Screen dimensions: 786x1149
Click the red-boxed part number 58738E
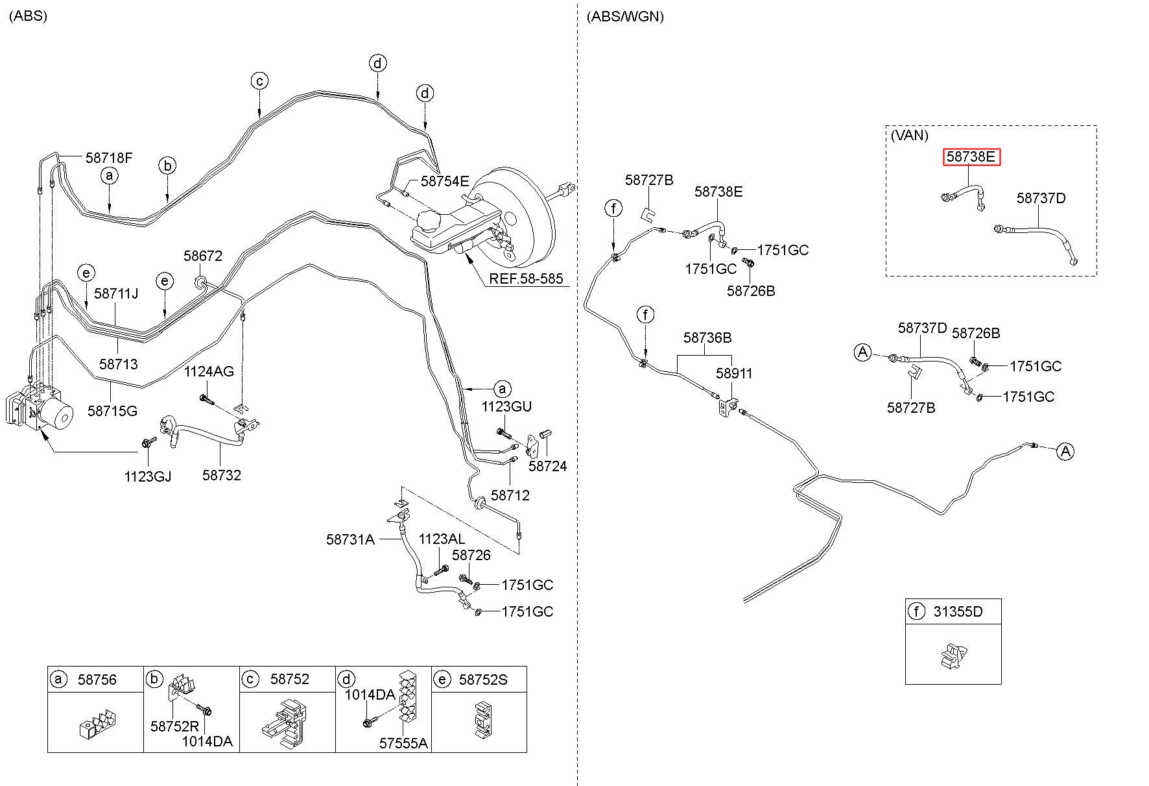[x=971, y=157]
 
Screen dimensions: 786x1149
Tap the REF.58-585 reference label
[x=526, y=279]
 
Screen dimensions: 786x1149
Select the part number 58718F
[x=109, y=157]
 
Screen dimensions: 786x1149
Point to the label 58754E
[x=444, y=181]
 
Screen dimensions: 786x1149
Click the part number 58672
[x=202, y=256]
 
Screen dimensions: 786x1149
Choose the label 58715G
[x=112, y=411]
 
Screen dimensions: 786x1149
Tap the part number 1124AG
[x=209, y=372]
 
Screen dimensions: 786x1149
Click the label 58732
[x=221, y=475]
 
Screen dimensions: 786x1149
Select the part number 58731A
[x=350, y=539]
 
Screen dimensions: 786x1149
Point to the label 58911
[x=734, y=373]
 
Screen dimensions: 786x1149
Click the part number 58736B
[x=707, y=338]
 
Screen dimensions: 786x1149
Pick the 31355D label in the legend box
[x=958, y=611]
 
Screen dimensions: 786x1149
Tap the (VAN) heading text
[x=909, y=136]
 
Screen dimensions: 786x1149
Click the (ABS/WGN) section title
[x=624, y=17]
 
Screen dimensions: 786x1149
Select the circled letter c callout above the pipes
[x=259, y=81]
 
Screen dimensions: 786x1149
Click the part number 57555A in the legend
[x=403, y=743]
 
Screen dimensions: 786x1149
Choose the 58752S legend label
[x=483, y=680]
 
